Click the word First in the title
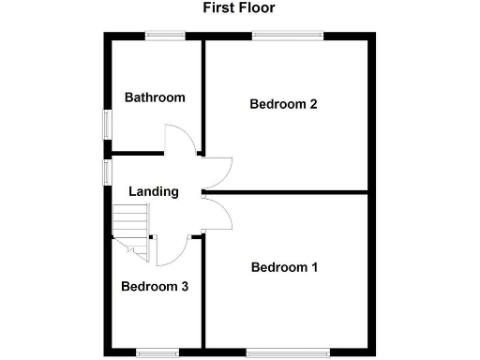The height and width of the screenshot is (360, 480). [x=218, y=7]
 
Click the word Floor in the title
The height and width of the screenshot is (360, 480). [x=256, y=7]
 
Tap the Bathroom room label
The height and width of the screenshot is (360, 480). [x=155, y=97]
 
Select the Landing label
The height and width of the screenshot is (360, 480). [x=153, y=191]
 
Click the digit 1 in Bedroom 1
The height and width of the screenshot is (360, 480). [x=314, y=268]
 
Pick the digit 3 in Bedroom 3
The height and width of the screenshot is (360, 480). [x=185, y=287]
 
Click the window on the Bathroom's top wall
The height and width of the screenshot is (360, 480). [x=165, y=36]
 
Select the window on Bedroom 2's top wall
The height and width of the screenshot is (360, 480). [x=288, y=36]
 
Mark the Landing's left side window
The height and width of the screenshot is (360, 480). [x=107, y=172]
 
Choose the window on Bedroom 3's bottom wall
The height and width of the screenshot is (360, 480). [x=157, y=352]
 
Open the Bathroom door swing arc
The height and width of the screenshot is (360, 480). [x=180, y=141]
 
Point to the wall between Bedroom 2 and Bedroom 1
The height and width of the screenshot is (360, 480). [x=291, y=193]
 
